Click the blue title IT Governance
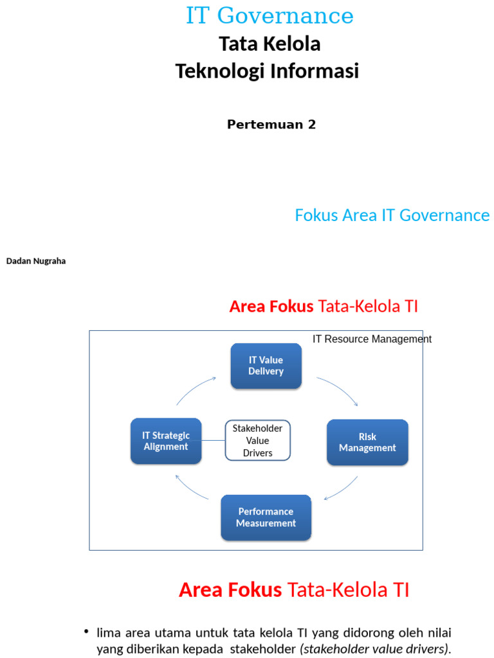click(x=270, y=16)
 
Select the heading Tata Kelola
click(x=270, y=44)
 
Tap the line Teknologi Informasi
click(x=267, y=71)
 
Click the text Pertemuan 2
click(x=271, y=125)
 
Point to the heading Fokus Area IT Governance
click(x=392, y=215)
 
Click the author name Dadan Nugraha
click(x=36, y=262)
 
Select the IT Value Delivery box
click(x=266, y=366)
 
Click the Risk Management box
click(x=367, y=442)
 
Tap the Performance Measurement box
click(x=266, y=517)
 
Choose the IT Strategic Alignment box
click(x=165, y=441)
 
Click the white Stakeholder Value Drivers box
click(x=257, y=440)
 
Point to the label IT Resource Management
click(x=372, y=339)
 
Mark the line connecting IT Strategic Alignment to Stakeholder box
click(x=213, y=440)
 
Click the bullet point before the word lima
click(x=86, y=633)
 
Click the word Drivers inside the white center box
click(x=257, y=453)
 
